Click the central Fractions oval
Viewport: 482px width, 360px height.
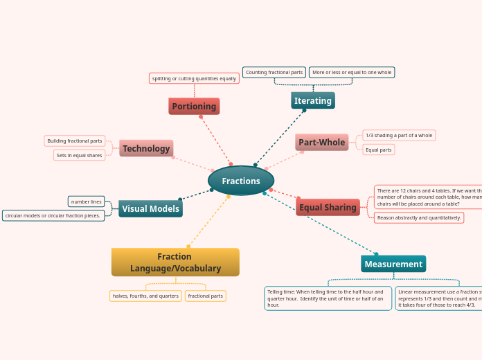tap(241, 181)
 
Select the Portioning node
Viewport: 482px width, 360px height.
tap(194, 106)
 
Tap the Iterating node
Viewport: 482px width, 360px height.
tap(313, 100)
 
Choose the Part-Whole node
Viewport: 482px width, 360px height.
tap(322, 142)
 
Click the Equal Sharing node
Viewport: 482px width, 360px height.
tap(328, 207)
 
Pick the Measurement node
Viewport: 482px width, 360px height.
tap(393, 264)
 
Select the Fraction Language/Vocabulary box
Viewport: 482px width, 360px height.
tap(175, 262)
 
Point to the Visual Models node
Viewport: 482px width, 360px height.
tap(150, 208)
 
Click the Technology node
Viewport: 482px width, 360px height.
tap(146, 148)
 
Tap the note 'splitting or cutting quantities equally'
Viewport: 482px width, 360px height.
tap(194, 78)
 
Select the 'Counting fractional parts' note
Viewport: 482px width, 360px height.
tap(274, 72)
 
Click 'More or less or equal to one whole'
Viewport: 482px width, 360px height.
tap(352, 72)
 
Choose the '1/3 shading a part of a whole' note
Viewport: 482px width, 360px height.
tap(399, 135)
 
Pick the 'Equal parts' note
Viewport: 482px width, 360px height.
tap(379, 150)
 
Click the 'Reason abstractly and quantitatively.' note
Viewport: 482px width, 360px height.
tap(419, 217)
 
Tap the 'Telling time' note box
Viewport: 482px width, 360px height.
tap(328, 298)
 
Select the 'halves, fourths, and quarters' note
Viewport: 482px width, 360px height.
tap(145, 296)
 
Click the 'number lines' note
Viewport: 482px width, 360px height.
tap(87, 201)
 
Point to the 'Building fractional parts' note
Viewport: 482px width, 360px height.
tap(75, 141)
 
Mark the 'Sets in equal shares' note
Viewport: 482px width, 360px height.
tap(80, 155)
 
